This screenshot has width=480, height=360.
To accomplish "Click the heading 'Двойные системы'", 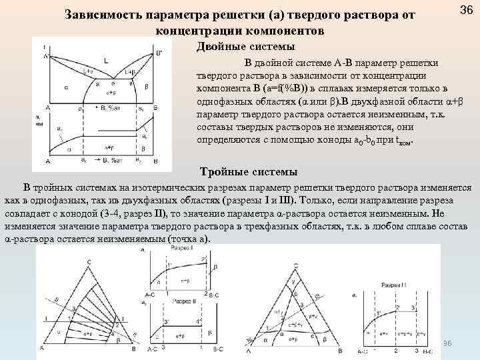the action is coord(244,47).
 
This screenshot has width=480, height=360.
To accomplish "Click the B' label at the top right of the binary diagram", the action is coord(159,51).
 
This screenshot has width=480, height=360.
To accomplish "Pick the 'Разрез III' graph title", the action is coord(393,285).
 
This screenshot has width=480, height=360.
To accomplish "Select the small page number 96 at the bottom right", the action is coord(447,343).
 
